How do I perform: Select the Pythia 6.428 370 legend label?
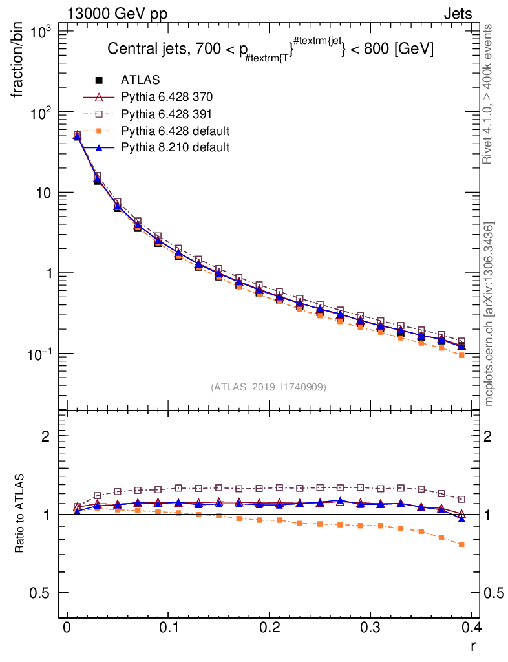pos(167,97)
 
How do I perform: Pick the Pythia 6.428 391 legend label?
pos(167,114)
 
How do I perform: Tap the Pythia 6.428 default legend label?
pos(175,131)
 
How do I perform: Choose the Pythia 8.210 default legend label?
pos(175,147)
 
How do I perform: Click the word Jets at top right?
pos(457,14)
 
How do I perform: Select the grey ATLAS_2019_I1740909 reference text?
pos(268,387)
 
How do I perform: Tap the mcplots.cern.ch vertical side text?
pos(490,314)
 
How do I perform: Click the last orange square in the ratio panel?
pos(461,544)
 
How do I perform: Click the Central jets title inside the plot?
pos(270,49)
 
